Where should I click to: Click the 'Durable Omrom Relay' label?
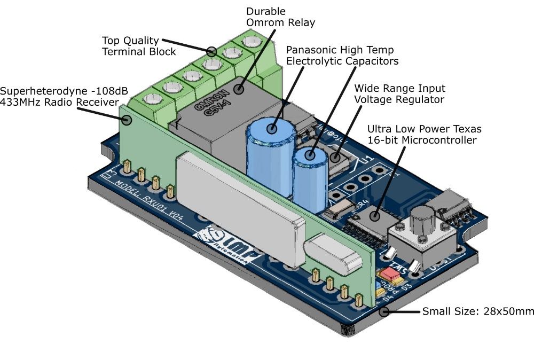point(280,17)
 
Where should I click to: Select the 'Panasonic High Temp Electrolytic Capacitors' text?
point(342,56)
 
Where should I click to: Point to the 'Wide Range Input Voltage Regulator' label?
point(399,93)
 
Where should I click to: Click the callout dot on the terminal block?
point(212,52)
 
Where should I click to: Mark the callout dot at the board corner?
point(384,311)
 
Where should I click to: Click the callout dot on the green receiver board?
point(127,120)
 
